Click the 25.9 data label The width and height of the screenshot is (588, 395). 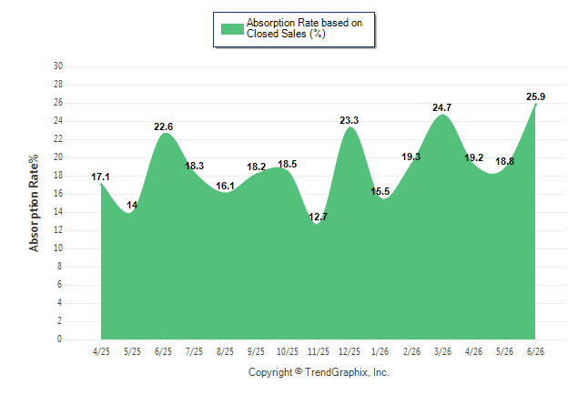535,96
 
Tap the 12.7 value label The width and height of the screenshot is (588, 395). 318,217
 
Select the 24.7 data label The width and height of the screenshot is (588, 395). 441,107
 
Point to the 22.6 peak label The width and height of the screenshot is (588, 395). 164,127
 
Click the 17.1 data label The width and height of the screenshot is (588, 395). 100,177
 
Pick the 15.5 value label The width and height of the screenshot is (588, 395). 380,191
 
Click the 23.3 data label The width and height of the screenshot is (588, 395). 350,120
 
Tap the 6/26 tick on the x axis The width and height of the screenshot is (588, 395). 535,351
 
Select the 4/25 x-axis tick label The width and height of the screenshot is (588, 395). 101,351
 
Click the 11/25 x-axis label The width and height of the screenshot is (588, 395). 319,351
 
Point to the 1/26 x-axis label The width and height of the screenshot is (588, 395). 380,351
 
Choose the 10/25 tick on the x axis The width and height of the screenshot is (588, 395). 288,351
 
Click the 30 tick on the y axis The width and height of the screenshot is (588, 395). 58,66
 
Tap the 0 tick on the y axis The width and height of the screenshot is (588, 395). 60,339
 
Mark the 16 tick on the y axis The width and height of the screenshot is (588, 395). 58,194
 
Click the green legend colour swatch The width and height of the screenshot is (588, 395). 232,29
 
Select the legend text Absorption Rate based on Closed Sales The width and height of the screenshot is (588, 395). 305,28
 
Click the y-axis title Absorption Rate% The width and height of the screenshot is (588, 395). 34,203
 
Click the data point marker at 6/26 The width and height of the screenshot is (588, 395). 535,105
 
